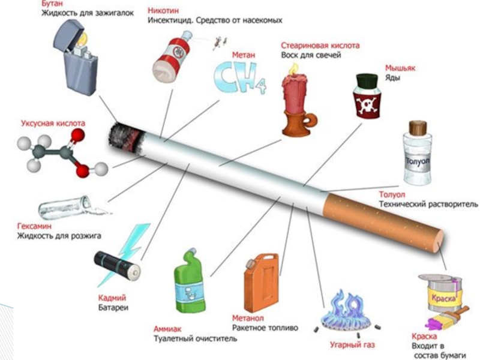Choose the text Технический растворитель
click(428, 205)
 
